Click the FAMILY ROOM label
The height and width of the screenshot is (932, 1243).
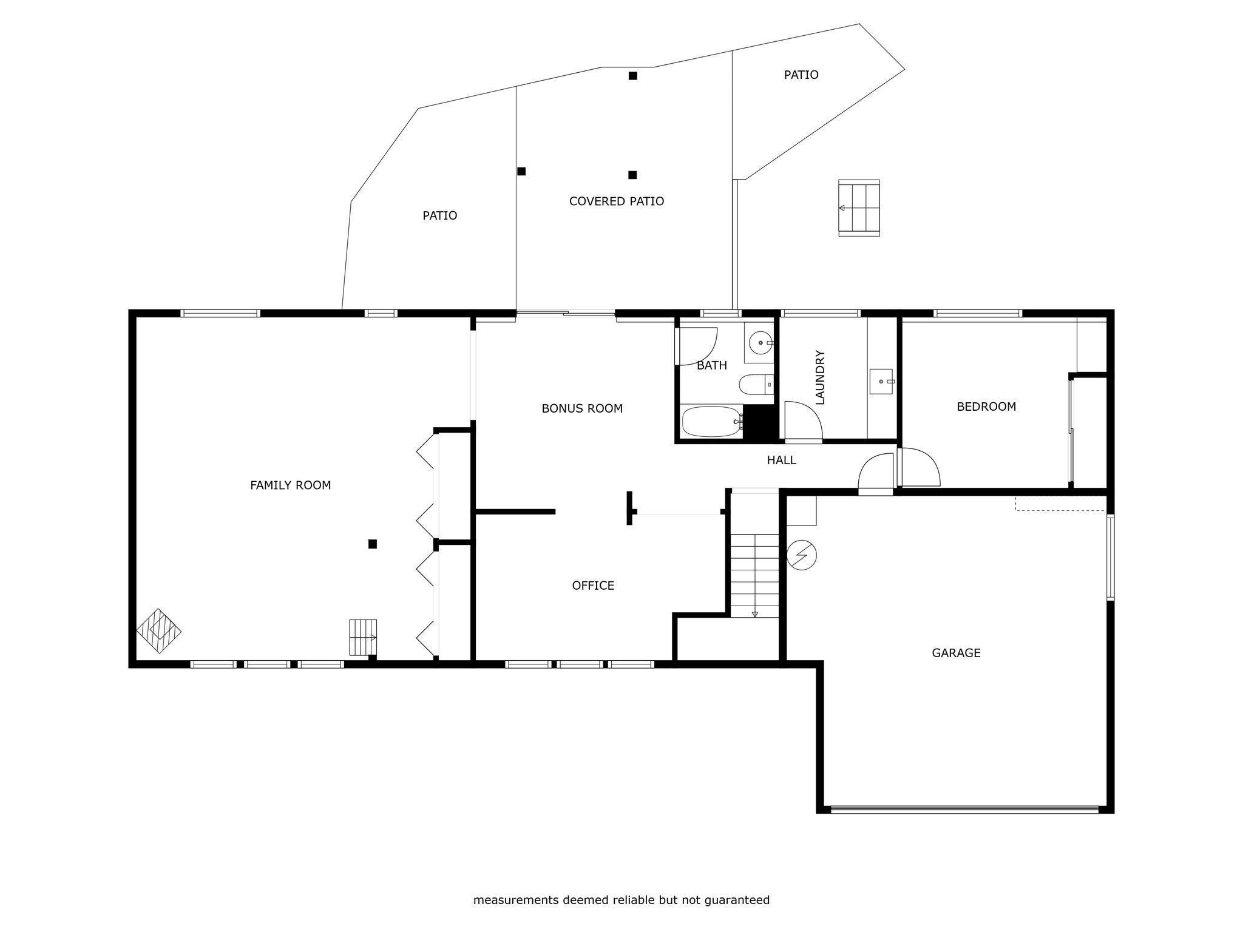[290, 485]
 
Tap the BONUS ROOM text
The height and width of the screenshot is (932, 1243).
[582, 409]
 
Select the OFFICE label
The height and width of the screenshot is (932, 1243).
[593, 586]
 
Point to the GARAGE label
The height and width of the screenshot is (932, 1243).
[956, 653]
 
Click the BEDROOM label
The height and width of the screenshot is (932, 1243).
[986, 407]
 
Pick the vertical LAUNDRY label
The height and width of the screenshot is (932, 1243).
[820, 377]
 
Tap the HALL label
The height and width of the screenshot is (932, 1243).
[781, 461]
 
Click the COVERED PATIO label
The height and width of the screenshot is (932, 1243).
[616, 201]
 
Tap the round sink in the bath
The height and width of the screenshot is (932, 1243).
[760, 343]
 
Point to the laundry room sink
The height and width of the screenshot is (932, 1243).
[881, 381]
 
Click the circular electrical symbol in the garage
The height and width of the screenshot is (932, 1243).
[801, 555]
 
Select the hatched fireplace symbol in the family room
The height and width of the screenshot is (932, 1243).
[159, 631]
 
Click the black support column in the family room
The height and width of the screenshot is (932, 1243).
[373, 544]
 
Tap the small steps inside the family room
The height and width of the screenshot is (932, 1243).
[363, 637]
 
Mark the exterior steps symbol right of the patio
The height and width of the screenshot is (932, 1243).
[859, 208]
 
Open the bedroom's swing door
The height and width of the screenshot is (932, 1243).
[919, 467]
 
